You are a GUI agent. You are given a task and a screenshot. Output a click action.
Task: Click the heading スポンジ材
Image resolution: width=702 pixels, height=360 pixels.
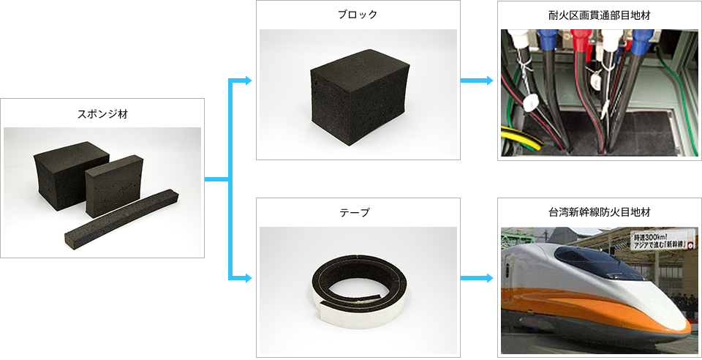(102, 113)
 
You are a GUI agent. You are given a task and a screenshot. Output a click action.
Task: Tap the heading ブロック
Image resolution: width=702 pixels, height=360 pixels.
(358, 15)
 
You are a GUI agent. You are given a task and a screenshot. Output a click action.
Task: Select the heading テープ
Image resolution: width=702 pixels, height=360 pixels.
(358, 212)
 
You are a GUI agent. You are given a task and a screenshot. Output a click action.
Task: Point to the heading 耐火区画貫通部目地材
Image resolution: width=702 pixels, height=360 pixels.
(600, 15)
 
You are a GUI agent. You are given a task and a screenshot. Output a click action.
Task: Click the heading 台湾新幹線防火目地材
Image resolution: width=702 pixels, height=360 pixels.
(600, 212)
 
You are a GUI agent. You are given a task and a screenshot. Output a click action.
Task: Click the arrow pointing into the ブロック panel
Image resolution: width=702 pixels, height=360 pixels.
(240, 80)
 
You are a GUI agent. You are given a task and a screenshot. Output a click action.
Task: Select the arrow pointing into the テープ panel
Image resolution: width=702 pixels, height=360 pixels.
(240, 277)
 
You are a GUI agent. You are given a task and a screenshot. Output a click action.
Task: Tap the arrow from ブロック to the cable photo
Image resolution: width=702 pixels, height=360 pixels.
(477, 80)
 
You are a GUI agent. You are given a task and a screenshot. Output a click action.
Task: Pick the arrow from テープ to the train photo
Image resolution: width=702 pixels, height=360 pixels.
(477, 278)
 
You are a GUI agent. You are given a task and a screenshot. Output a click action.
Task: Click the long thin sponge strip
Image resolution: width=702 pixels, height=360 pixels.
(123, 217)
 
